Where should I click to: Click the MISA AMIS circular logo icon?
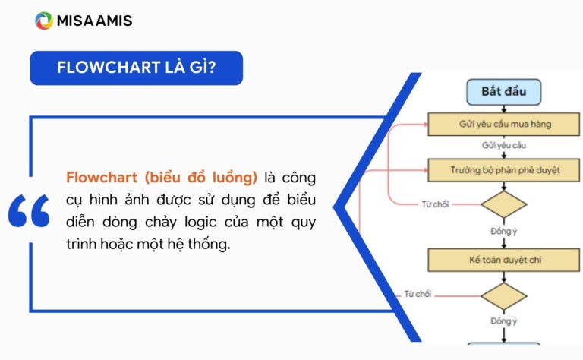coord(43,21)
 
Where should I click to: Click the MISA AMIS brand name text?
coord(94,21)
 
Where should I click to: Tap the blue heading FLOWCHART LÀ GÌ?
coord(137,68)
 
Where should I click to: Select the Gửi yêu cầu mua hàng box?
coord(503,124)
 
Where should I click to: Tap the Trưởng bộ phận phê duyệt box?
coord(503,169)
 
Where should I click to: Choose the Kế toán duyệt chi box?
coord(503,260)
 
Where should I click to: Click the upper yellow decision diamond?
coord(503,204)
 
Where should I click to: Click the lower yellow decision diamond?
coord(503,295)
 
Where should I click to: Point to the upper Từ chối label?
coord(435,204)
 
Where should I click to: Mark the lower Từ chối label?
coord(418,294)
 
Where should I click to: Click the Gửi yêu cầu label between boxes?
coord(503,145)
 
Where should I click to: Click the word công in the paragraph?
coord(299,178)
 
